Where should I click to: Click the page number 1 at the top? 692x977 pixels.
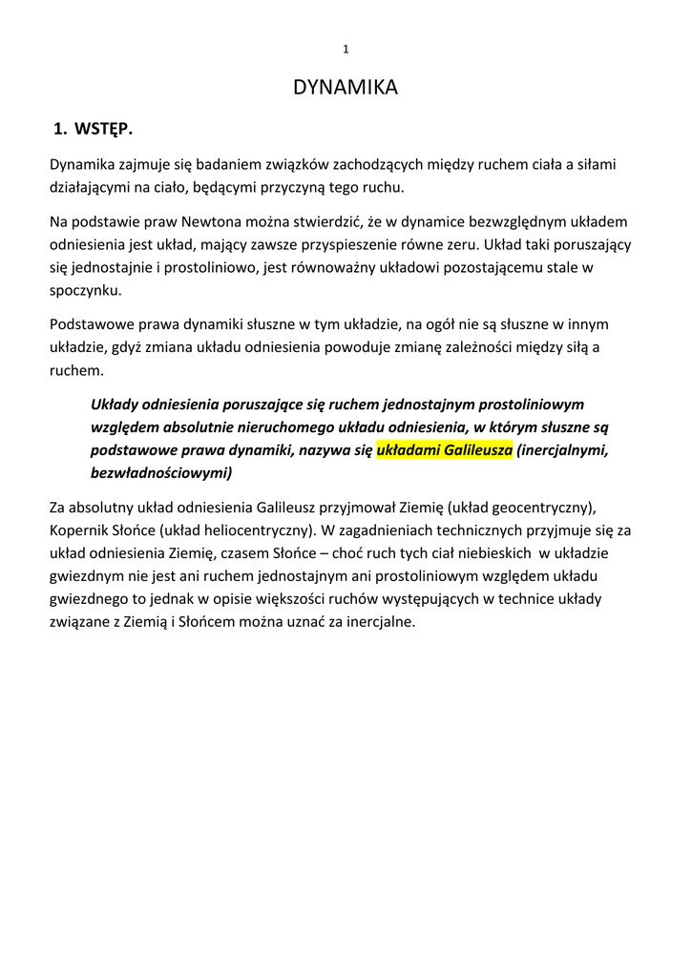point(346,49)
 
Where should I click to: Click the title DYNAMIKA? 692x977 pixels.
point(346,88)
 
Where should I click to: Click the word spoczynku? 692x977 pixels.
point(86,290)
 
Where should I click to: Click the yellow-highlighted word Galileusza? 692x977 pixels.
point(472,449)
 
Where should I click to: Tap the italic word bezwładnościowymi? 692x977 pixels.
point(160,472)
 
